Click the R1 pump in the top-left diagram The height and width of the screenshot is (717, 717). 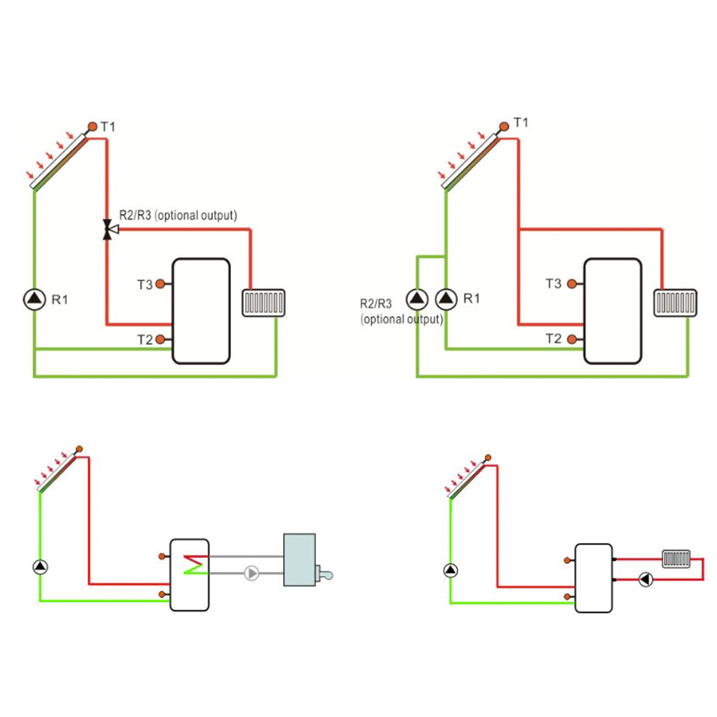coord(34,299)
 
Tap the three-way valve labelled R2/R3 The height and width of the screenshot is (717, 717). coord(108,229)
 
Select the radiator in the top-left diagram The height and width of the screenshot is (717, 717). coord(263,303)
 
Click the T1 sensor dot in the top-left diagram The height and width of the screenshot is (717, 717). coord(92,127)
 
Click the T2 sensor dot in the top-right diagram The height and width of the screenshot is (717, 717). coord(572,339)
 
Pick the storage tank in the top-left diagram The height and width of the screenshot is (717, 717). coord(201,311)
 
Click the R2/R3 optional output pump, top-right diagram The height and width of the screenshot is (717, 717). coord(416,299)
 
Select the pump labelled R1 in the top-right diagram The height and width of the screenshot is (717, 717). coord(446,299)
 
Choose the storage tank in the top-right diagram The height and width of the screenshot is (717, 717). coord(613,311)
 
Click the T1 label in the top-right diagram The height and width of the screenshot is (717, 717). coord(521,122)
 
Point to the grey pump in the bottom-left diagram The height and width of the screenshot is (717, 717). coord(252,573)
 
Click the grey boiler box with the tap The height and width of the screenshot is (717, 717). coord(299,559)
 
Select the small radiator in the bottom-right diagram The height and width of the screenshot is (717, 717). coord(676,557)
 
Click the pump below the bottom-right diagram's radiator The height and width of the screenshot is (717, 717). coord(645,579)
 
